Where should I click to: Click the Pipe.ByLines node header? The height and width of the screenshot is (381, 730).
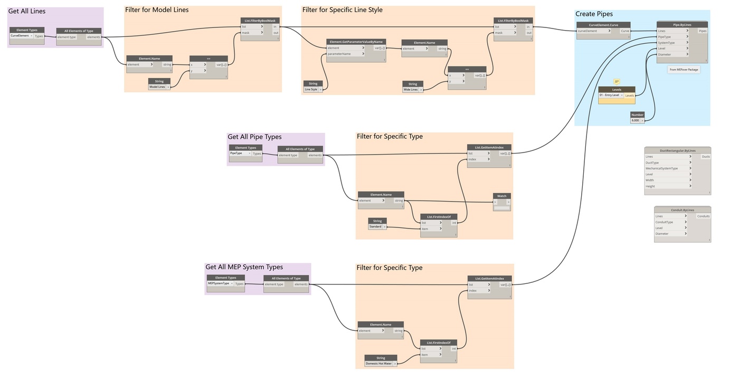(682, 24)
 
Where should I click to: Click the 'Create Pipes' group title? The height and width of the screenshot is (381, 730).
(594, 14)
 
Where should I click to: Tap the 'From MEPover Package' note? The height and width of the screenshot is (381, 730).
(684, 70)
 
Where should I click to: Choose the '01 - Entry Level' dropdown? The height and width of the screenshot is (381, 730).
(611, 96)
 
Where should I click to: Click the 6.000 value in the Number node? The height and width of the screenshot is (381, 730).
(635, 120)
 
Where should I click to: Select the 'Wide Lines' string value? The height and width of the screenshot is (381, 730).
(410, 90)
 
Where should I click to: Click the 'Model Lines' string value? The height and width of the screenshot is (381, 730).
(157, 87)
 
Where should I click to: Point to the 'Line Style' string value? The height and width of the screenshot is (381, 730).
(311, 90)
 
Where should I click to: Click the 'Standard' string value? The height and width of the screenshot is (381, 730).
(375, 227)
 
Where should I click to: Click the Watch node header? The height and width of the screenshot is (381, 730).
(501, 196)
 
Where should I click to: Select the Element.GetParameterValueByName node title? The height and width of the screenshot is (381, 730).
(356, 41)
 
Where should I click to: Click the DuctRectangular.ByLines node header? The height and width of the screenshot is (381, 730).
(677, 150)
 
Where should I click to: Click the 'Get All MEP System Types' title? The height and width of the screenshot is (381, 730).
(244, 268)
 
